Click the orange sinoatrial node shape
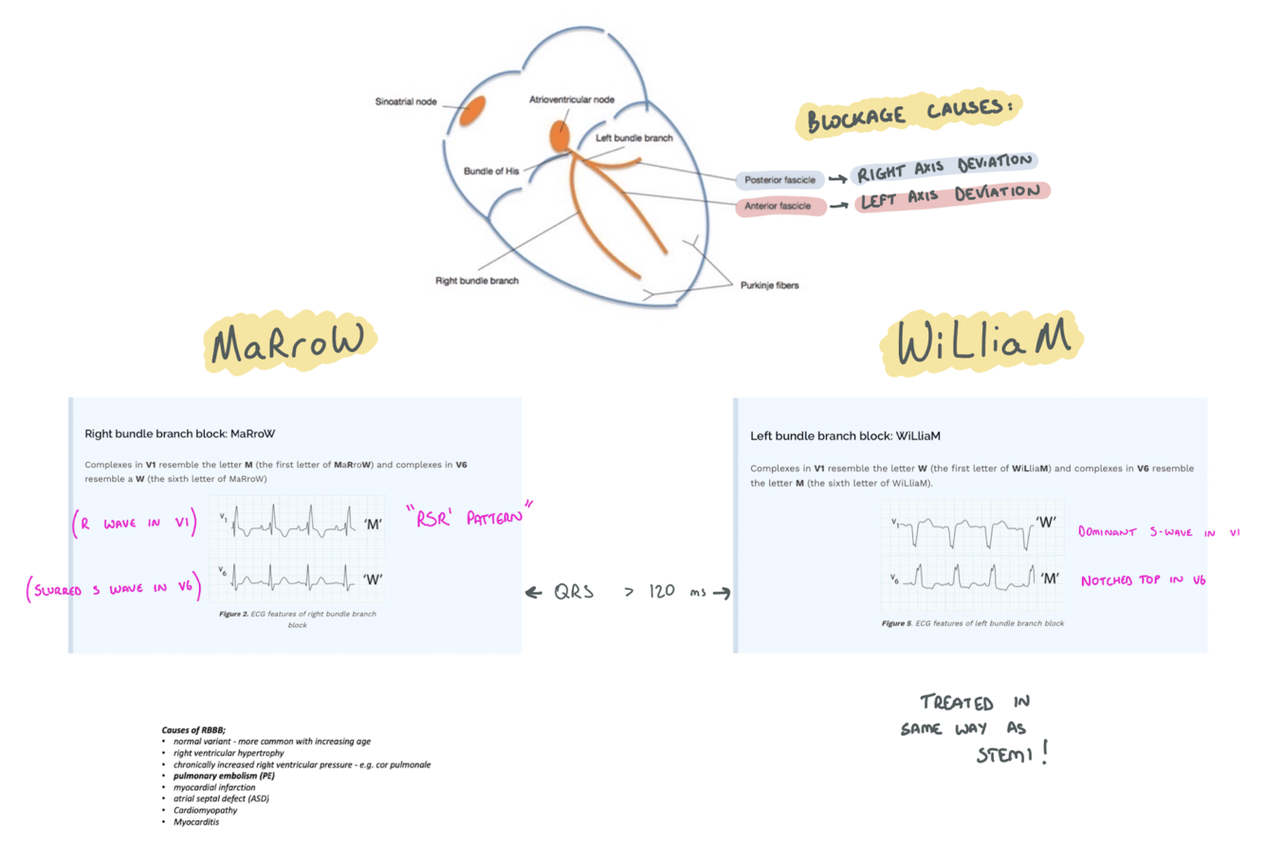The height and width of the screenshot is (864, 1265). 472,111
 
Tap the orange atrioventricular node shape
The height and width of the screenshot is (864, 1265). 559,137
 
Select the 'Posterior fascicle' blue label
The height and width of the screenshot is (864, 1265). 779,179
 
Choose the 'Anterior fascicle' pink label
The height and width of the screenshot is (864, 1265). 778,206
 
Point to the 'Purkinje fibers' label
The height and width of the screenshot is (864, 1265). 769,285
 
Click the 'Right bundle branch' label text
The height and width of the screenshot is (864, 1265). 477,281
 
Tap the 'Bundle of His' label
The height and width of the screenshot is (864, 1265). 491,172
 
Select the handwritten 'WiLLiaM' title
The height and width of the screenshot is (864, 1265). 982,342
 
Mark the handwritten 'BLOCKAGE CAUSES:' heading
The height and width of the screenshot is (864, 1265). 908,115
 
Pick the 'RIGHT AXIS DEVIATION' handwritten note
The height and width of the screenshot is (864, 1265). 944,168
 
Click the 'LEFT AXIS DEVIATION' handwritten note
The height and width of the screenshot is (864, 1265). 950,196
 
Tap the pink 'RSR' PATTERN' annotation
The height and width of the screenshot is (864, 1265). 468,516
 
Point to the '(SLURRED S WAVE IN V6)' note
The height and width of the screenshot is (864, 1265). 114,589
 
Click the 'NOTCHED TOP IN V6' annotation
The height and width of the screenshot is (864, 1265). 1143,580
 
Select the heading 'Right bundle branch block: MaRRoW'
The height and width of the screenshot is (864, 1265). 180,433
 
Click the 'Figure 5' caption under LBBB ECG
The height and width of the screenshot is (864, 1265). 972,623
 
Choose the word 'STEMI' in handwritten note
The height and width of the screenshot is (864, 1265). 1007,755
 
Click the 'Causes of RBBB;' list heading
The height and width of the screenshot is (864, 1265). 193,730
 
